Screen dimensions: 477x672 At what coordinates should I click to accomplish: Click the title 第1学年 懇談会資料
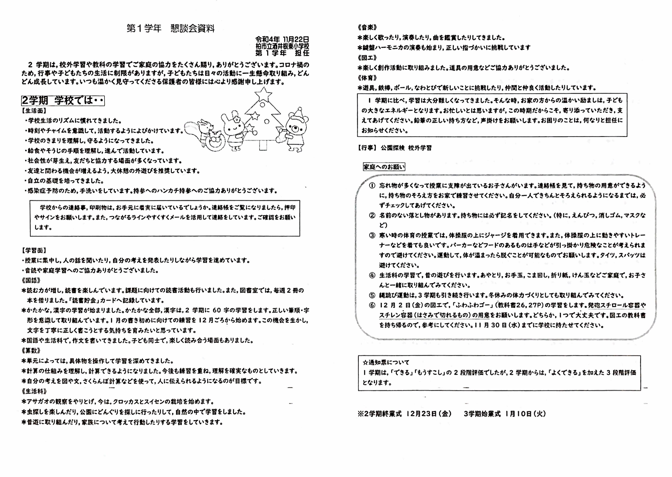coord(171,29)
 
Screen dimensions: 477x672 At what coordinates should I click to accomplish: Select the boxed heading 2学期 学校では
coord(63,101)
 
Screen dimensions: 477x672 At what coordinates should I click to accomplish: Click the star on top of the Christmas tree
coord(263,94)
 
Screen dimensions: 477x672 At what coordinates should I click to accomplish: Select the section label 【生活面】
coord(34,111)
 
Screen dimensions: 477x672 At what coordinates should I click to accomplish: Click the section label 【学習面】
coord(34,250)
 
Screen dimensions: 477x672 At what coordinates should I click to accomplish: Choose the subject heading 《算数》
coord(31,350)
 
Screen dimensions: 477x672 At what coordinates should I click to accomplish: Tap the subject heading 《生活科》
coord(34,391)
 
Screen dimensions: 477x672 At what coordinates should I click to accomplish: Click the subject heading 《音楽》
coord(367,28)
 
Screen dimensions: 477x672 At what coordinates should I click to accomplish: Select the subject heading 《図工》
coord(367,58)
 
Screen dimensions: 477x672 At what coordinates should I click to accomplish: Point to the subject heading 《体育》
coord(367,78)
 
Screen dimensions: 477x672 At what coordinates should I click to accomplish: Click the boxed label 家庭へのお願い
coord(384,167)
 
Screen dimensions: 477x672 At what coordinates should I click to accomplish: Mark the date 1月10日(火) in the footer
coord(525,414)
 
